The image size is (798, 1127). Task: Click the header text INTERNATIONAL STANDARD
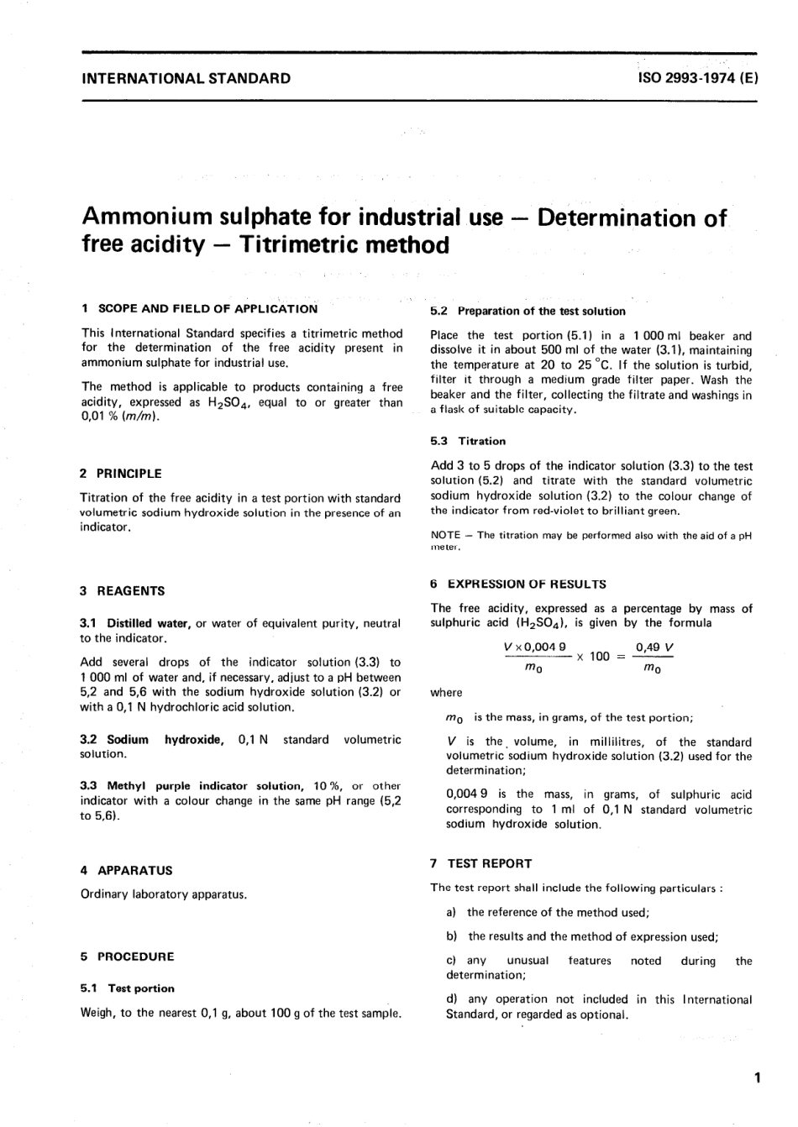(186, 79)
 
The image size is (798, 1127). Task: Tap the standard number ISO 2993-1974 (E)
(697, 79)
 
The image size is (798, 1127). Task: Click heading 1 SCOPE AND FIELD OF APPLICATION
(199, 308)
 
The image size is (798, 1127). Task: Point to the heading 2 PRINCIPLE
(121, 474)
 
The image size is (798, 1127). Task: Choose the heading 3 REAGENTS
(123, 591)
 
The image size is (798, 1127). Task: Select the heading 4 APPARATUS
(126, 871)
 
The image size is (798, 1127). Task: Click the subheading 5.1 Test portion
(127, 988)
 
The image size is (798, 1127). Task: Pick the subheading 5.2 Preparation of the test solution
(528, 311)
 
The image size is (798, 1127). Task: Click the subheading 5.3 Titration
(468, 441)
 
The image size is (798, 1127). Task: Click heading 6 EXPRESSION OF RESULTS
(518, 584)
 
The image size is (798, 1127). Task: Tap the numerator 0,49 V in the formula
(655, 647)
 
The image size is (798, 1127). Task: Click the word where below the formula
(446, 693)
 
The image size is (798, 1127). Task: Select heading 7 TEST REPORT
(480, 863)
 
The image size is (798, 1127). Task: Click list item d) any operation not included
(599, 999)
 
